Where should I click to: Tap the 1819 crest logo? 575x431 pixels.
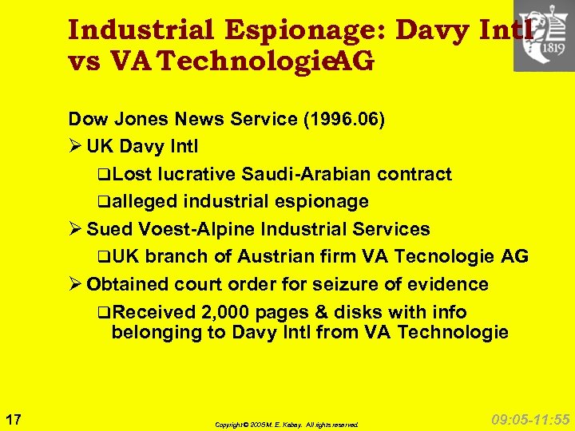coord(543,35)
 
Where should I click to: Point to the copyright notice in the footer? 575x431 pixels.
coord(287,425)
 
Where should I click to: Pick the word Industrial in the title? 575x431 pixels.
coord(141,30)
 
